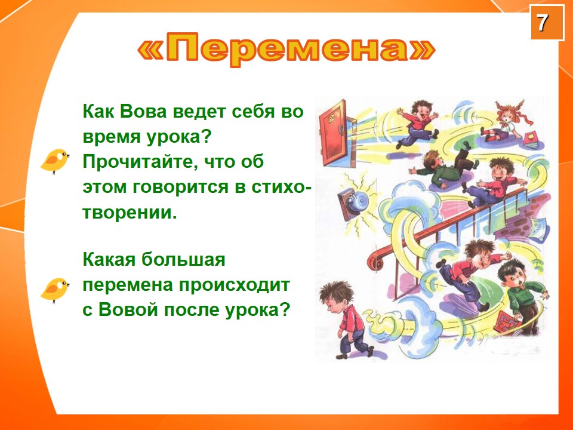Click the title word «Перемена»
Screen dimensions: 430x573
coord(286,50)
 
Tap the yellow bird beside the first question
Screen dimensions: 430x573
coord(54,161)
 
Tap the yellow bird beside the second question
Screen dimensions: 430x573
coord(54,289)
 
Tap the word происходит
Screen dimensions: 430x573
coord(231,285)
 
